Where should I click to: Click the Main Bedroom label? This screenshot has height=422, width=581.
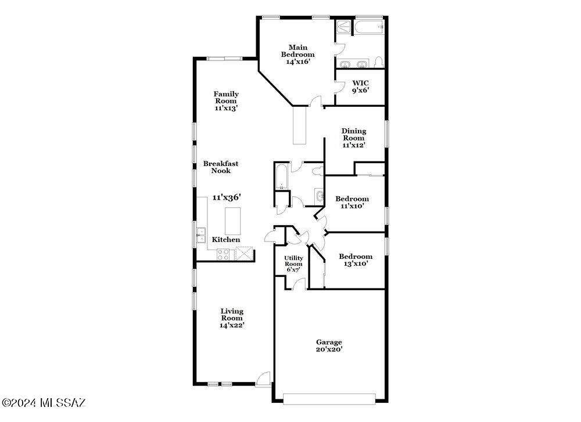pos(298,55)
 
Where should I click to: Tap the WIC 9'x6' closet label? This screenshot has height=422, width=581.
pos(360,86)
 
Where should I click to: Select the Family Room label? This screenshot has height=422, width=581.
pos(226,100)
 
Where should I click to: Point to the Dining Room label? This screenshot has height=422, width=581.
pos(354,138)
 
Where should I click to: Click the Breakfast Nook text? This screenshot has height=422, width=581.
pos(221,167)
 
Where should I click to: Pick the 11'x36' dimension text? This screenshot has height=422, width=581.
pos(227,197)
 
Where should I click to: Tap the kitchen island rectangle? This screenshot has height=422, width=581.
pos(233,221)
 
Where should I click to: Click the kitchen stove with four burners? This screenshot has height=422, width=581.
pos(223,254)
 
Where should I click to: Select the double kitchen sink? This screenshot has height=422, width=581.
pos(201,235)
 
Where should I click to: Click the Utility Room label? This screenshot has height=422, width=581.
pos(293,264)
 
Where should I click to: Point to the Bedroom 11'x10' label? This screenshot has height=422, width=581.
pos(352,202)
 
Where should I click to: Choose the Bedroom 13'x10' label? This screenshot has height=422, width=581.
pos(356,260)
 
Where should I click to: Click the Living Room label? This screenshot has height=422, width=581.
pos(232,318)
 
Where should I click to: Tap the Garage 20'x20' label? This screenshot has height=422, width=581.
pos(329,345)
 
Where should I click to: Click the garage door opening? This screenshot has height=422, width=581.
pos(329,399)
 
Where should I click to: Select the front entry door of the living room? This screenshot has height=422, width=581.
pos(264,379)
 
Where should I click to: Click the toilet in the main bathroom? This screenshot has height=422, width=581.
pos(379,62)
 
